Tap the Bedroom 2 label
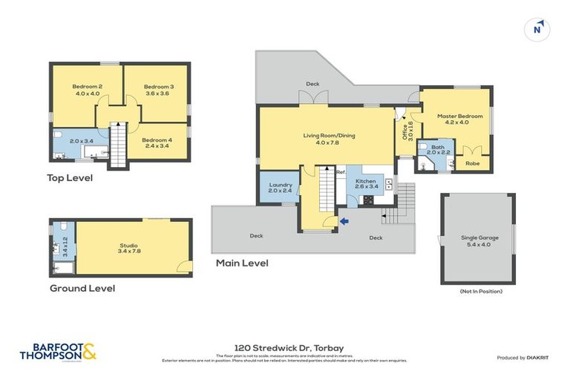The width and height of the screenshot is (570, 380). coord(87,86)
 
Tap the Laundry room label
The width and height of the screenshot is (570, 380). coord(281,185)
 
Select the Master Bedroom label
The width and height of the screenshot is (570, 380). coord(459,117)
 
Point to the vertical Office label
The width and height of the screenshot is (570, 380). coord(404,132)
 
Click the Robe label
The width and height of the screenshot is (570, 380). coord(472,163)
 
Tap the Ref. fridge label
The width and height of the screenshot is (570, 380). coord(341,173)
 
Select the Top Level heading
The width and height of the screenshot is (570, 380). coord(70,177)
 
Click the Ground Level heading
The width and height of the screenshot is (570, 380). coord(82,288)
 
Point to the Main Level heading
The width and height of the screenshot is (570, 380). coord(241,263)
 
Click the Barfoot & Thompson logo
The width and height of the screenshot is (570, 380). coord(59,352)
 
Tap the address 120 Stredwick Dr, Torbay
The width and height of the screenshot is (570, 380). coord(285,347)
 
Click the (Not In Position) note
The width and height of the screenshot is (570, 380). coord(481,291)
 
